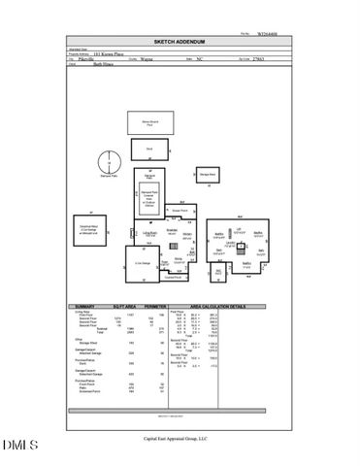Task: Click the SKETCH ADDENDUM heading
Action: (x=180, y=43)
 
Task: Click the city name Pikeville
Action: (x=96, y=57)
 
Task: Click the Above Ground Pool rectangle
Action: (x=148, y=122)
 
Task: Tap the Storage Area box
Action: (x=208, y=175)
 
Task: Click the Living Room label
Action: (x=150, y=234)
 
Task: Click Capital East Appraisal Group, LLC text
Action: (x=180, y=438)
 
